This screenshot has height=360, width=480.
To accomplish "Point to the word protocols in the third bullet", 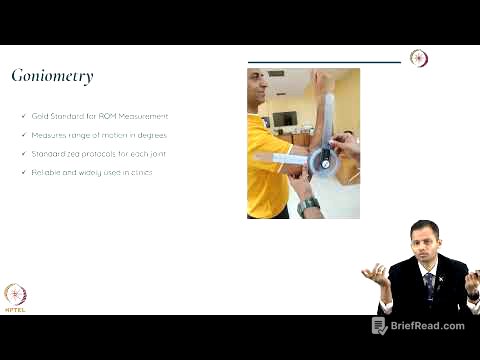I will pos(100,154).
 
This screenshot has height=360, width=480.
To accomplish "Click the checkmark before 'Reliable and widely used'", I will pos(23,173).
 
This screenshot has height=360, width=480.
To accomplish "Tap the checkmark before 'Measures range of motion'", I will pos(23,135).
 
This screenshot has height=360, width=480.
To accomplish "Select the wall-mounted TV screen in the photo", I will pos(285,119).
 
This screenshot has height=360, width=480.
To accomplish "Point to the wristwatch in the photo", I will pos(310,206).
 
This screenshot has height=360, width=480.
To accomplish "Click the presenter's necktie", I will pos(428,284).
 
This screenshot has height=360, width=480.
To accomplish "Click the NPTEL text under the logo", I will pos(15,309).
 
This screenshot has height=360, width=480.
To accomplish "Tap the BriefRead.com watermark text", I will pos(428,326).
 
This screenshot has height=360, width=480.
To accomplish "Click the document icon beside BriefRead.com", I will pos(380,326).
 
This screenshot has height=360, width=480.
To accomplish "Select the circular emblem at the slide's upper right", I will pos(419,58).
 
